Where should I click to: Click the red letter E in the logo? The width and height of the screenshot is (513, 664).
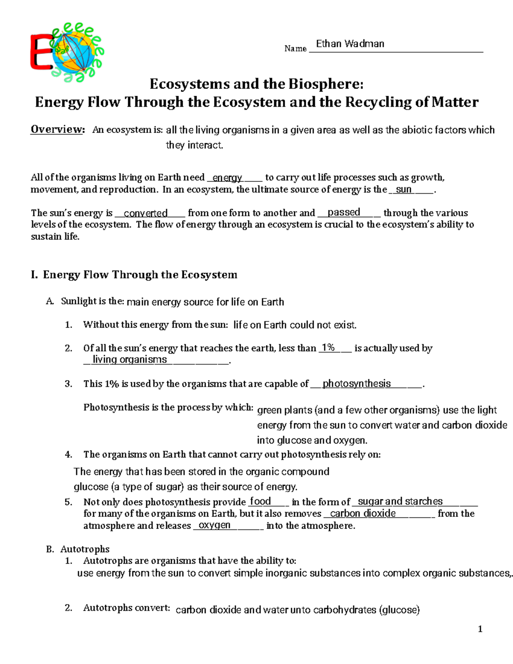tap(41, 53)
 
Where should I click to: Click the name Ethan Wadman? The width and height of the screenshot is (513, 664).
tap(350, 44)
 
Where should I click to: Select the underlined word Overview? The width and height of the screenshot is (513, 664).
tap(58, 130)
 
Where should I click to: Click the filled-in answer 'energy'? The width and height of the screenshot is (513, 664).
tap(227, 177)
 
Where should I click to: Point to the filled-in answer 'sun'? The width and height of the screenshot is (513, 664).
tap(404, 189)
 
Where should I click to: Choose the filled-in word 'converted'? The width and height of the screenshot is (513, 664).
tap(145, 213)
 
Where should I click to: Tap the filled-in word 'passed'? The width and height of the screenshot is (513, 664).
tap(344, 212)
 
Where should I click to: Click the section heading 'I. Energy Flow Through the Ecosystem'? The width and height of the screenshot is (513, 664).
tap(134, 274)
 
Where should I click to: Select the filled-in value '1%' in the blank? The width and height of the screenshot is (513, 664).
tap(328, 348)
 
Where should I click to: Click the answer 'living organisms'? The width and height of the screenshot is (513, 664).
tap(130, 360)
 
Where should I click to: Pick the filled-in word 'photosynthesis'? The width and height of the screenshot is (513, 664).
tap(357, 384)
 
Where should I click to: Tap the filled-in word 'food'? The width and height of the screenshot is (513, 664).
tap(260, 501)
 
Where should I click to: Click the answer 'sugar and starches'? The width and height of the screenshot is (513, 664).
tap(400, 501)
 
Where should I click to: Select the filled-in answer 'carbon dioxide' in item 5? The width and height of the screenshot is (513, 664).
tap(363, 513)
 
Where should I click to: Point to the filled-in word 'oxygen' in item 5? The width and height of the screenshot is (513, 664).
tap(215, 525)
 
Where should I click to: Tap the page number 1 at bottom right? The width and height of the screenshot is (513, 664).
tap(480, 629)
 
